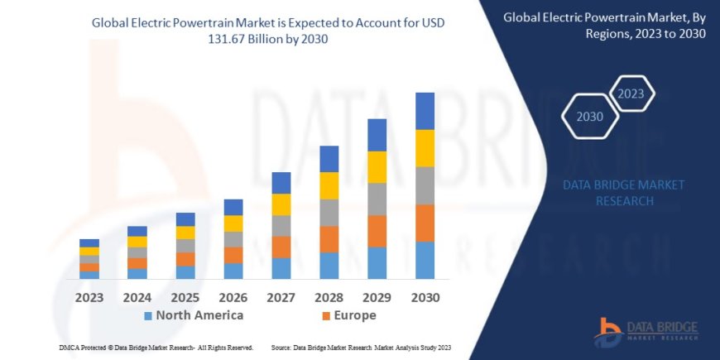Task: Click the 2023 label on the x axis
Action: (x=89, y=297)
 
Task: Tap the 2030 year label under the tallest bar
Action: (x=425, y=297)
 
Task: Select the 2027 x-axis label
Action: (x=281, y=297)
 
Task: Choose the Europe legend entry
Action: (x=348, y=315)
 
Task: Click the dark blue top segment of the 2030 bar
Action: (x=425, y=111)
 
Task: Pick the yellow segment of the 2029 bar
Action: (x=377, y=167)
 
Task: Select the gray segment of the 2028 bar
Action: (x=329, y=213)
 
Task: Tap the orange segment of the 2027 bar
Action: (x=281, y=247)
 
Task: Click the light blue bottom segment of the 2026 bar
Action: (x=233, y=271)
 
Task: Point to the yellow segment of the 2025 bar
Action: (x=185, y=233)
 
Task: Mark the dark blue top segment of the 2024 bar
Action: (x=137, y=231)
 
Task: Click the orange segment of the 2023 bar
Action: (x=89, y=267)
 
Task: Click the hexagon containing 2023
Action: (x=631, y=94)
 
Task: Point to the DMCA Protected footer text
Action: (x=156, y=348)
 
